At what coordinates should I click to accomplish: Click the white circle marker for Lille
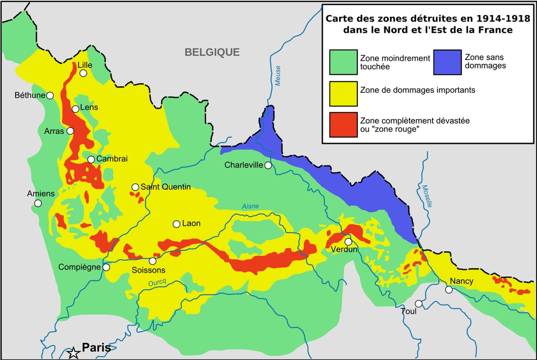click(83, 73)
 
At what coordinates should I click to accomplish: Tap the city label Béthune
click(30, 95)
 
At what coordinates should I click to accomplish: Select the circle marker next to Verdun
click(348, 241)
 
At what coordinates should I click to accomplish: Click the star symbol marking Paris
click(74, 352)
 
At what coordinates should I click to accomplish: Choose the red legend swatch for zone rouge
click(342, 124)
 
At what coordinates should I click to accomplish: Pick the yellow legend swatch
click(342, 93)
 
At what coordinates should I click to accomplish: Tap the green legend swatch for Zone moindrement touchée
click(342, 62)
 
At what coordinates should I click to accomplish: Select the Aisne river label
click(250, 207)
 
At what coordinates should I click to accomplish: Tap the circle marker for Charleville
click(268, 166)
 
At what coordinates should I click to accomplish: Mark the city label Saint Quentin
click(165, 187)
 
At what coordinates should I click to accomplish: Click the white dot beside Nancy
click(449, 290)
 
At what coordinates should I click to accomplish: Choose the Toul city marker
click(419, 303)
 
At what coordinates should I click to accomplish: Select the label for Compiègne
click(80, 267)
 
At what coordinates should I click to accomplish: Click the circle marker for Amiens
click(38, 203)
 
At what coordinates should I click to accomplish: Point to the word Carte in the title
click(340, 20)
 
